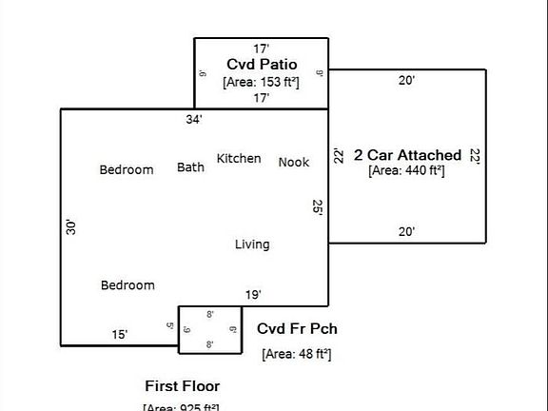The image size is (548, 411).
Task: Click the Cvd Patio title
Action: click(x=262, y=64)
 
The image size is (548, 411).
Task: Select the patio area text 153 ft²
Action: click(x=262, y=82)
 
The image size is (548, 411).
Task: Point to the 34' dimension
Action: click(x=194, y=119)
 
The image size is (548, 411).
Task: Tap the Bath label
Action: click(x=190, y=167)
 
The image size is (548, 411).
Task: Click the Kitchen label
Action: click(x=239, y=158)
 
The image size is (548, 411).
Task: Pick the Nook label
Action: click(x=294, y=162)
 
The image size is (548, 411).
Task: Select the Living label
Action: click(x=252, y=245)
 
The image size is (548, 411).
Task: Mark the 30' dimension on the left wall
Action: click(x=70, y=226)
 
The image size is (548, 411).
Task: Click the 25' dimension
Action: click(x=319, y=208)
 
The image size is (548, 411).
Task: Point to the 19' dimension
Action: click(x=253, y=295)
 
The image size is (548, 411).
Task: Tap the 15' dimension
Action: click(x=120, y=334)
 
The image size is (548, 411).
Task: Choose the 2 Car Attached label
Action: click(x=407, y=154)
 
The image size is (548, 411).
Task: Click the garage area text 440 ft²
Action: click(x=407, y=171)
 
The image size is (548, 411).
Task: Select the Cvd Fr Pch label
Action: click(x=297, y=329)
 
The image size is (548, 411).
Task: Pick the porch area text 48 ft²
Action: click(x=297, y=354)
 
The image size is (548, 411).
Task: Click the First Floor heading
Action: click(x=182, y=385)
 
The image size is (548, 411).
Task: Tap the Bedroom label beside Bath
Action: click(x=127, y=170)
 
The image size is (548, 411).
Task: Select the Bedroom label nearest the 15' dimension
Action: click(x=127, y=285)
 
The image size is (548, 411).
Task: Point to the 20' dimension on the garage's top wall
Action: click(x=406, y=81)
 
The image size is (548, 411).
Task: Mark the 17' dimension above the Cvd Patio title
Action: click(x=262, y=48)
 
